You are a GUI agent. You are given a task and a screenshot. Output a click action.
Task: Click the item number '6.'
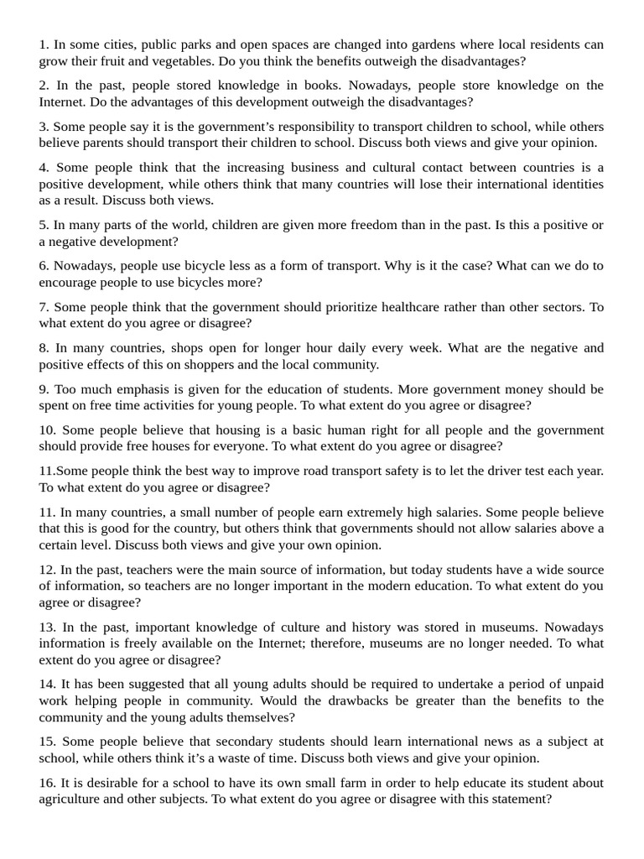click(x=44, y=266)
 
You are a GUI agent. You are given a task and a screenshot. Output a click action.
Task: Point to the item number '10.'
click(x=47, y=430)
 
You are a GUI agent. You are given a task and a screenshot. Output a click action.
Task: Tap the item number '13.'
click(x=47, y=627)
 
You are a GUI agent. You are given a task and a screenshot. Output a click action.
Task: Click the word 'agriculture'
click(x=75, y=799)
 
